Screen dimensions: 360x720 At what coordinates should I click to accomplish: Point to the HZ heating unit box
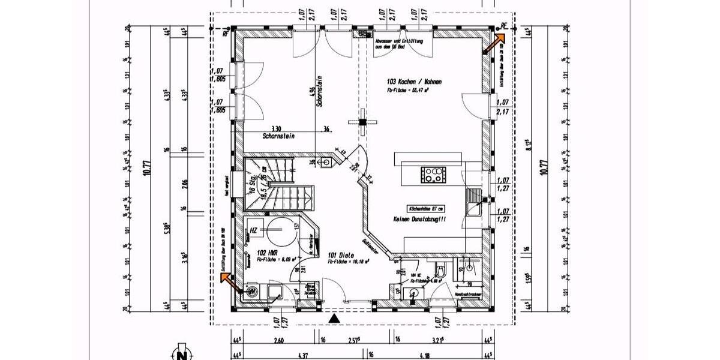pyautogui.click(x=254, y=230)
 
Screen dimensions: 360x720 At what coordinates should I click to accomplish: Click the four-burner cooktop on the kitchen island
pyautogui.click(x=434, y=175)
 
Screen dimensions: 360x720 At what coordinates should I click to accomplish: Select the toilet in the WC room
pyautogui.click(x=440, y=270)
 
